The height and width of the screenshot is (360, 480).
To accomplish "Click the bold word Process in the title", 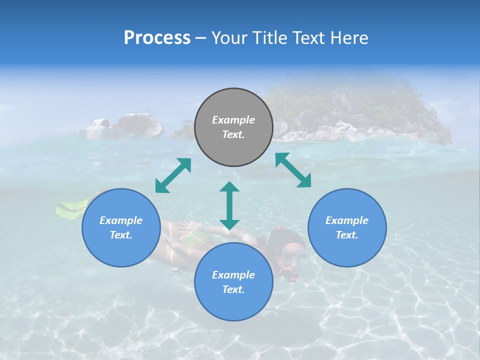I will click(157, 38).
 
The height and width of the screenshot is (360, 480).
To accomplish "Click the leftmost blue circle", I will click(121, 227).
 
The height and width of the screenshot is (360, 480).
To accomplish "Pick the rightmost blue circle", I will click(347, 227).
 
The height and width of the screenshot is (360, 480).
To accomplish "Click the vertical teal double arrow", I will click(229, 205).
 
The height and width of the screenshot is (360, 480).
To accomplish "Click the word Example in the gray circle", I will click(233, 120).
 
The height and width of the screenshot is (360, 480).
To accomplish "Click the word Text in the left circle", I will click(121, 235).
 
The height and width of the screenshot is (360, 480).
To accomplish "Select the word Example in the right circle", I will click(347, 220).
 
